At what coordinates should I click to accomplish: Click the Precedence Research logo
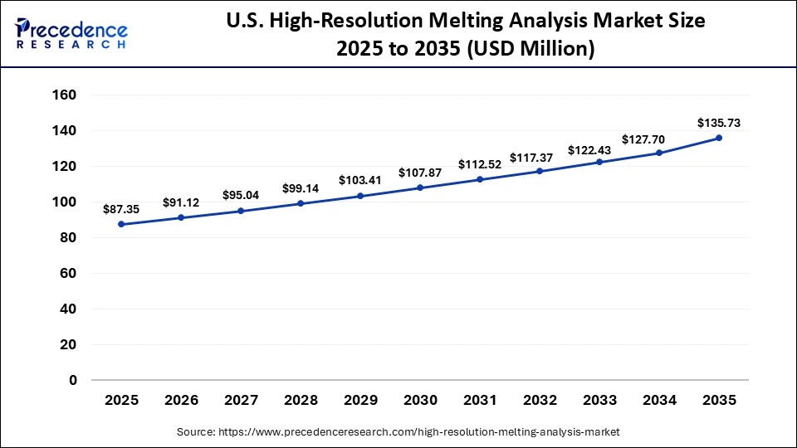click(71, 32)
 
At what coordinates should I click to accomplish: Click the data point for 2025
click(121, 224)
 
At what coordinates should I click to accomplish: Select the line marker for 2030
click(420, 187)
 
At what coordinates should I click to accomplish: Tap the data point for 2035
click(719, 138)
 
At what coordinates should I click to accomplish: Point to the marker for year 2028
click(301, 203)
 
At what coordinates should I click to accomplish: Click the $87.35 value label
click(121, 210)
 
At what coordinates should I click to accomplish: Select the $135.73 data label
click(719, 123)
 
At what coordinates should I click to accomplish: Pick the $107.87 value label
click(420, 173)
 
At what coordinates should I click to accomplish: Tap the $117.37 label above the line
click(540, 157)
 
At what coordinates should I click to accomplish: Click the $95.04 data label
click(241, 195)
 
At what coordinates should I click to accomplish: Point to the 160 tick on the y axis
click(65, 95)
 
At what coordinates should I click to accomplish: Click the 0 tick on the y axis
click(73, 380)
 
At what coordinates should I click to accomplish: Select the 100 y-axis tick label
click(65, 202)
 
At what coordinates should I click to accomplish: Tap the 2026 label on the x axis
click(181, 401)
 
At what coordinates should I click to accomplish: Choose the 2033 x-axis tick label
click(599, 401)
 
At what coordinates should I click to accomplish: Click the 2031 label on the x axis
click(480, 401)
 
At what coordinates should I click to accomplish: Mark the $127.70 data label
click(659, 139)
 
